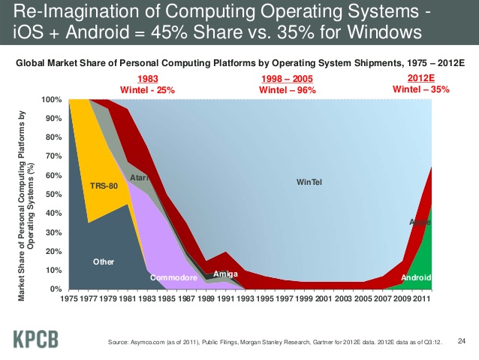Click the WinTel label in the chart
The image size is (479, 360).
click(x=309, y=182)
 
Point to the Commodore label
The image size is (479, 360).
click(x=173, y=278)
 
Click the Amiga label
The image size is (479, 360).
click(x=226, y=274)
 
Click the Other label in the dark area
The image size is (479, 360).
click(x=103, y=262)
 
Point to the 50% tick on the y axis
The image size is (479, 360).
click(x=52, y=195)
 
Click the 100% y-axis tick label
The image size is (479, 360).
click(x=51, y=100)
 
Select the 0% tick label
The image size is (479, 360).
click(x=56, y=289)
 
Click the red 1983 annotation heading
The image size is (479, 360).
click(x=149, y=80)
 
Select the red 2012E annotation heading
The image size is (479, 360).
click(x=420, y=80)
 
